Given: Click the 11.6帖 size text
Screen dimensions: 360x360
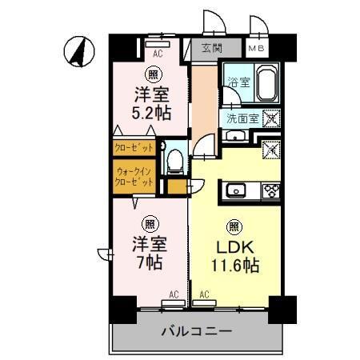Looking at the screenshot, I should (x=234, y=265).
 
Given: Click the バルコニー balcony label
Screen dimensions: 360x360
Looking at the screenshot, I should (x=196, y=330).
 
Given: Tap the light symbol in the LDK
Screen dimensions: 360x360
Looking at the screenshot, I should (x=234, y=226).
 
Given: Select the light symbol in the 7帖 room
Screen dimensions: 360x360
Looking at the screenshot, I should (x=149, y=223).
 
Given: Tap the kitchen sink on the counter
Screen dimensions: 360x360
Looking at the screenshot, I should (x=237, y=190).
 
